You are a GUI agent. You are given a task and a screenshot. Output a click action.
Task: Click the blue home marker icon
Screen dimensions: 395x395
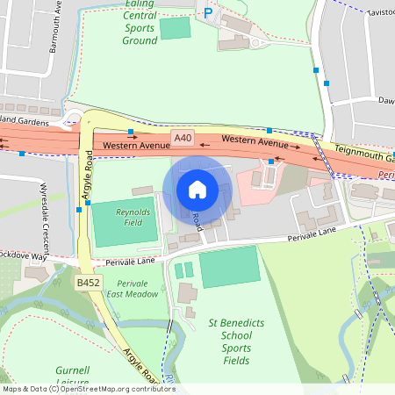(x=197, y=190)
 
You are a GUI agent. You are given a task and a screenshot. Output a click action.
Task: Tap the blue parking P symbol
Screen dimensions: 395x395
(x=208, y=12)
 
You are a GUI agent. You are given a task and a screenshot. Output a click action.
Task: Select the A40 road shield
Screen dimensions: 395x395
(x=183, y=138)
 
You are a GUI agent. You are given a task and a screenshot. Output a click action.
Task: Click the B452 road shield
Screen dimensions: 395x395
(x=88, y=283)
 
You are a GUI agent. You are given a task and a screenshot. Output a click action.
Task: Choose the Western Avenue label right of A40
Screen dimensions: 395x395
(x=255, y=140)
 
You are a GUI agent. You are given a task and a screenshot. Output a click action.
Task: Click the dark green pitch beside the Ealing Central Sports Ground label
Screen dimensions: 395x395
(x=175, y=27)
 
